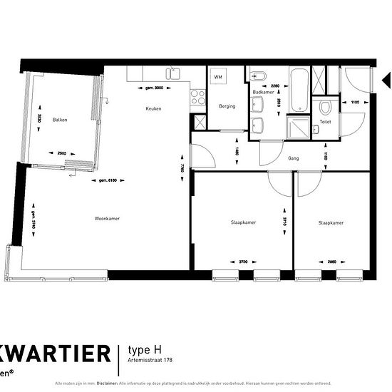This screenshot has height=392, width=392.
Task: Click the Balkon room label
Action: point(60,120)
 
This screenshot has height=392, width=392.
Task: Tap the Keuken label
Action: point(153,109)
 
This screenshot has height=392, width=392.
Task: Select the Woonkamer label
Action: point(106,219)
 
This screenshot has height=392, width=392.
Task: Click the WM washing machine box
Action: point(217,77)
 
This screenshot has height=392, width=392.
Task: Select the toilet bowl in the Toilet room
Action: point(325,108)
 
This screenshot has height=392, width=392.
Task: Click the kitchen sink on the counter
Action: point(172,73)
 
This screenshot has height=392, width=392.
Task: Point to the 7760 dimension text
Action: point(182,169)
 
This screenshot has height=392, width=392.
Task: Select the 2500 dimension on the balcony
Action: point(62,153)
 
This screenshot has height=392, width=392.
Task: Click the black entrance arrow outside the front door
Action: point(386,78)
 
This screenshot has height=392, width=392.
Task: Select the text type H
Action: point(145,349)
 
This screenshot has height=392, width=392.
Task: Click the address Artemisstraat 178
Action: point(152,361)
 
